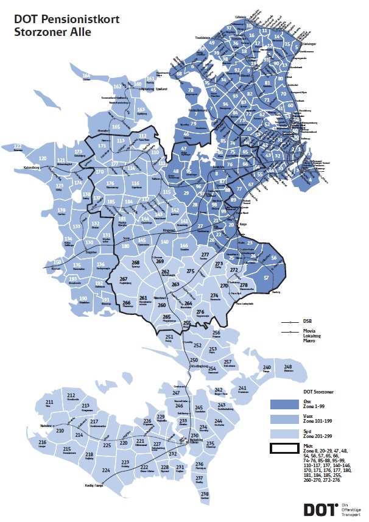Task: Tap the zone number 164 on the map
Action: [x=86, y=75]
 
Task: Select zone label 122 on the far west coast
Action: [x=17, y=146]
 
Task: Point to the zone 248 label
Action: [x=288, y=367]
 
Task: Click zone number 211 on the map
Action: [x=49, y=403]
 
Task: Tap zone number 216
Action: [x=42, y=442]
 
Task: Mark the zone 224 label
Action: [x=106, y=470]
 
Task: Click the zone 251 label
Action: [x=169, y=337]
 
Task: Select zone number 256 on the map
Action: [x=216, y=333]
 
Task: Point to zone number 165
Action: [x=116, y=126]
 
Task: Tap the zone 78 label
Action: [x=191, y=90]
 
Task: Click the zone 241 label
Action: [x=243, y=388]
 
